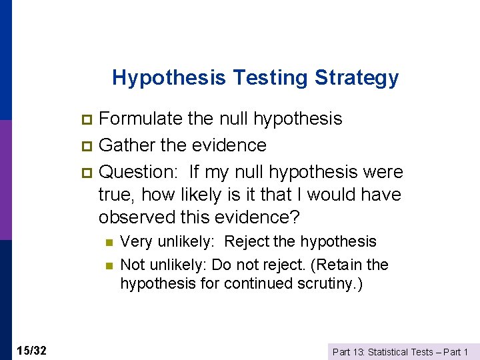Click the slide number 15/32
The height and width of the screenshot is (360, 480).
coord(32,351)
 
